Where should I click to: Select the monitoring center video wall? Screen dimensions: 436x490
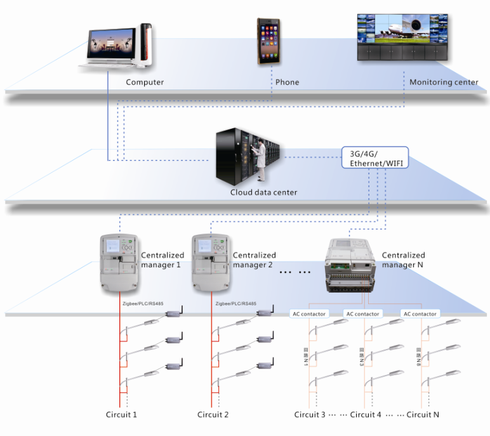(401, 37)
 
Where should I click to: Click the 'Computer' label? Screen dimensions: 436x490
(145, 83)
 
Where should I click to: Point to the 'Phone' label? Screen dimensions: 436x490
(287, 83)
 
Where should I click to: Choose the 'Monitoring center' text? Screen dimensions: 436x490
(444, 83)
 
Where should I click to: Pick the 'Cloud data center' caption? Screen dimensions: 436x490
(263, 192)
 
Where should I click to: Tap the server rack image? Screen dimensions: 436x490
(248, 155)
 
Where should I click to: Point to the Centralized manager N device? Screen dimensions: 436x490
(350, 264)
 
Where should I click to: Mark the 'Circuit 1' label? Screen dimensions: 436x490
(121, 415)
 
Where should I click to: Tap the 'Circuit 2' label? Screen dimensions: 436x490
(213, 415)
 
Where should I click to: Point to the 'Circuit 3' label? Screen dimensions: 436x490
(310, 415)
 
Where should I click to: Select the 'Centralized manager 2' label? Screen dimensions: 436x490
(254, 260)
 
